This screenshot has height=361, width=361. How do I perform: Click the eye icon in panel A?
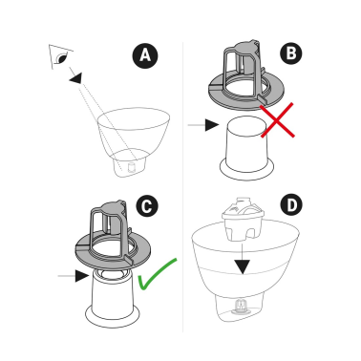(60, 58)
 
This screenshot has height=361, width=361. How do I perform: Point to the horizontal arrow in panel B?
(201, 124)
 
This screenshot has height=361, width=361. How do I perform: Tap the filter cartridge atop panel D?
(244, 221)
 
